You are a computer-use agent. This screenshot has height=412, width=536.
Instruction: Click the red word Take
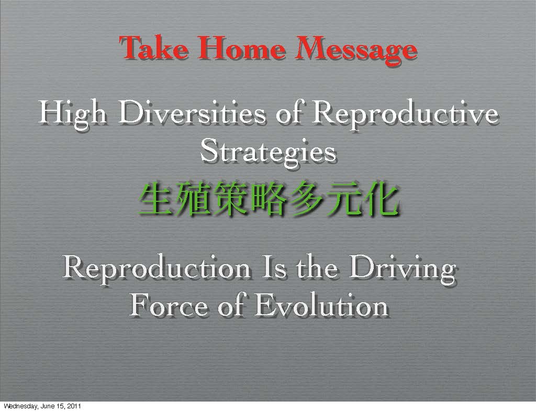pos(153,48)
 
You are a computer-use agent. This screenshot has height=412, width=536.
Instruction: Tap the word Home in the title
pos(241,48)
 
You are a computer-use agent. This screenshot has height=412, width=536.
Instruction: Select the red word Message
pos(356,50)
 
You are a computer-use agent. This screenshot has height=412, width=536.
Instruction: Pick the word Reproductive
pos(406,114)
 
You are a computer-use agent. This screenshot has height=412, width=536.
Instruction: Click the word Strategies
pos(269,152)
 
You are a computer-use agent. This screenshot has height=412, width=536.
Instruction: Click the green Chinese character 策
pos(231,199)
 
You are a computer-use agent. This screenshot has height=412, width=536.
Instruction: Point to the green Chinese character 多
pos(306,199)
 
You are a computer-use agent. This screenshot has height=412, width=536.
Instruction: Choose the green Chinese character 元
pos(343,199)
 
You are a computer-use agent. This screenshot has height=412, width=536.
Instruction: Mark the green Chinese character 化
pos(380,199)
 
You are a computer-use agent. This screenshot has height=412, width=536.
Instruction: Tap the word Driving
pos(403,269)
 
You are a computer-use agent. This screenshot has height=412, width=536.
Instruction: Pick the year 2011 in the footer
pos(74,406)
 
